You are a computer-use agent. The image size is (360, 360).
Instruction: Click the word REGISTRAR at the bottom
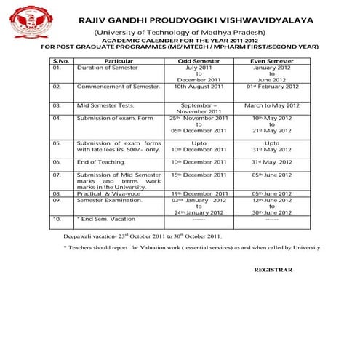pyautogui.click(x=273, y=269)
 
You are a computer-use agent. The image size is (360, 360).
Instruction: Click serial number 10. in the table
pyautogui.click(x=57, y=217)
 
